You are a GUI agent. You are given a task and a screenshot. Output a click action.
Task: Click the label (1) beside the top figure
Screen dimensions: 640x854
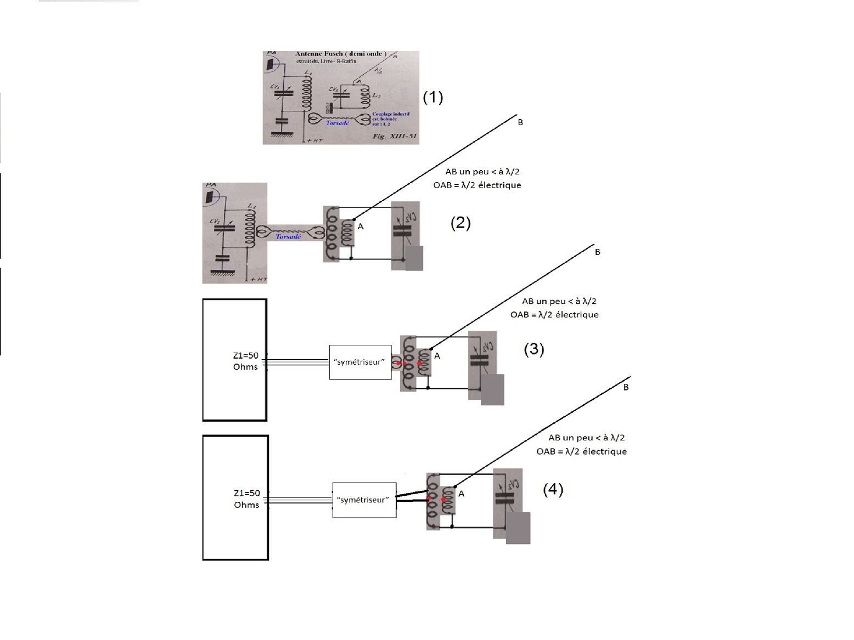tap(432, 98)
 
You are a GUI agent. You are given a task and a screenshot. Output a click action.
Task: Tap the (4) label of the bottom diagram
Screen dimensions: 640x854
tap(553, 490)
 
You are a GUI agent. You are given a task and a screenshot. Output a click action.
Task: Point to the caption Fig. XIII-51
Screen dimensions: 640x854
tap(395, 136)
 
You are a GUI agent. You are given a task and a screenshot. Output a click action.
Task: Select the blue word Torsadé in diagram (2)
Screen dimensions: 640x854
tap(288, 237)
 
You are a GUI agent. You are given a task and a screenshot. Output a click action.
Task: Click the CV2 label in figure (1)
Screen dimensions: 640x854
tap(333, 89)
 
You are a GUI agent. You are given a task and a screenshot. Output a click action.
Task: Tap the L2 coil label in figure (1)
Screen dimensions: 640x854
tap(377, 95)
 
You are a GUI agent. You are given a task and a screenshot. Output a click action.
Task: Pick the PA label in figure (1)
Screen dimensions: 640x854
tap(271, 53)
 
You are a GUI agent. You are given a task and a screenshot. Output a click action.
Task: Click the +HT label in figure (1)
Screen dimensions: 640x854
tap(315, 141)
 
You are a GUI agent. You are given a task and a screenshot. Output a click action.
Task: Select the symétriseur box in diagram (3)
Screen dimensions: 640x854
tap(360, 362)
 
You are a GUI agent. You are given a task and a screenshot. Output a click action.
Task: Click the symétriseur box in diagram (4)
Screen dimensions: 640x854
tap(364, 500)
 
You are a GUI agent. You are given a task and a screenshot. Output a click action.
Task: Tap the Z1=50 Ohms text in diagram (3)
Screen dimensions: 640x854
tap(245, 361)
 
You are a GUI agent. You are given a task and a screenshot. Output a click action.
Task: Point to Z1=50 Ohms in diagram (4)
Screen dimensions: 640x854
tap(246, 499)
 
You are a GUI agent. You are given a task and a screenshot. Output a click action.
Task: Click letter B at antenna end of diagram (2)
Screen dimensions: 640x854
tap(520, 122)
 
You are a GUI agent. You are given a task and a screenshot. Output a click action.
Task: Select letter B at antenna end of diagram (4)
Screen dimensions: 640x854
tap(626, 387)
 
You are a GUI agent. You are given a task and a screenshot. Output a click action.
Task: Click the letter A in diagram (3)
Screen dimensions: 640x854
tap(437, 356)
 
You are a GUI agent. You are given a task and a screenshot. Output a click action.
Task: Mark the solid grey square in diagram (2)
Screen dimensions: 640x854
tap(414, 258)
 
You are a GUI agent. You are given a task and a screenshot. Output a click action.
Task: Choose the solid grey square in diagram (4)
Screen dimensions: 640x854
tap(518, 528)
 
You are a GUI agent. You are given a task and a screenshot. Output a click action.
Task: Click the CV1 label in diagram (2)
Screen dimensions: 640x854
tap(215, 221)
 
